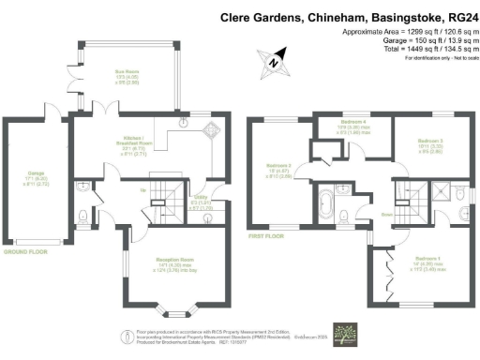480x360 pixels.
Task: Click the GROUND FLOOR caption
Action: click(25, 251)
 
